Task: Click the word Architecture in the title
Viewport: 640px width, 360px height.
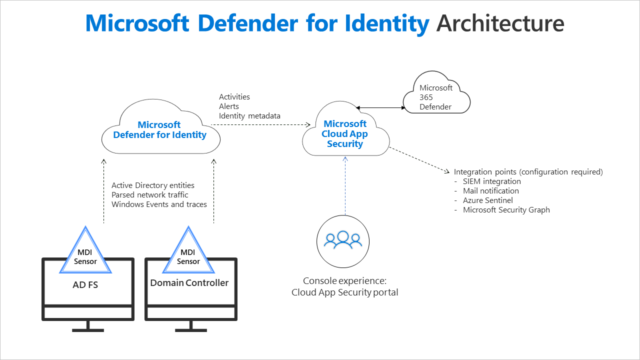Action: click(500, 23)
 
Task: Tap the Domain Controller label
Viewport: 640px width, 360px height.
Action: click(189, 283)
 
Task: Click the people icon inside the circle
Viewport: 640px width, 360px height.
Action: click(343, 240)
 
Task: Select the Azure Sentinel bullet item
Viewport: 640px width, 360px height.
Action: click(488, 200)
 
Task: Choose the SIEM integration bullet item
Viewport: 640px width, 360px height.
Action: click(491, 181)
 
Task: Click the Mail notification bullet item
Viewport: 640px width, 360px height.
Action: click(490, 190)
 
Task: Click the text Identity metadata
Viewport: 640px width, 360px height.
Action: click(249, 116)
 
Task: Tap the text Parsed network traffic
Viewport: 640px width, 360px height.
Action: click(150, 194)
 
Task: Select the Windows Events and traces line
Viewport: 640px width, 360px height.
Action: click(159, 204)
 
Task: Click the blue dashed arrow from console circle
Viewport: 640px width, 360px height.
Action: click(344, 185)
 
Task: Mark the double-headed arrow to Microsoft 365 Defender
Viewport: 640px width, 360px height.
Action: click(379, 107)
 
